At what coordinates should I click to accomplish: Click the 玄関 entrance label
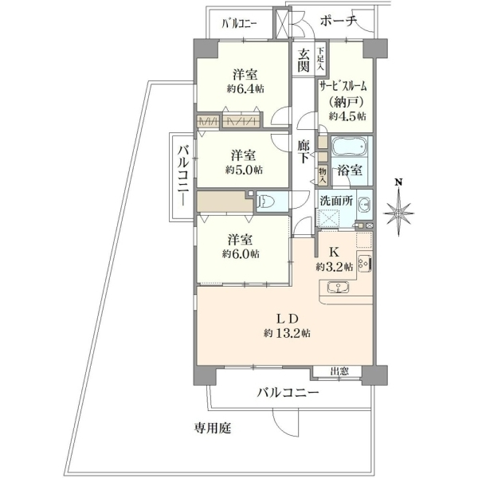[x=303, y=60]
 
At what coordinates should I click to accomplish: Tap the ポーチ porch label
[x=338, y=21]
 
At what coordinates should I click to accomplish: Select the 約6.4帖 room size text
[x=245, y=89]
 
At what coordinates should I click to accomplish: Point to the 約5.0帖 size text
[x=244, y=170]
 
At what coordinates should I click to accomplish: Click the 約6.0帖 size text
[x=241, y=253]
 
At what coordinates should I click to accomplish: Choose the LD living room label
[x=287, y=319]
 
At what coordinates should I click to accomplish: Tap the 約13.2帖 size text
[x=287, y=333]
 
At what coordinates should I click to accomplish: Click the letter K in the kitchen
[x=334, y=253]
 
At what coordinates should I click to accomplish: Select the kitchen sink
[x=338, y=287]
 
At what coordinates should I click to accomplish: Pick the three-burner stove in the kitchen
[x=364, y=263]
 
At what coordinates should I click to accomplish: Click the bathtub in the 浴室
[x=350, y=147]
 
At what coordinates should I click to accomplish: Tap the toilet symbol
[x=266, y=202]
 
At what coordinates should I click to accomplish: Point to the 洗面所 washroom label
[x=336, y=202]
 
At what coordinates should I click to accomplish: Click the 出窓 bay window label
[x=339, y=371]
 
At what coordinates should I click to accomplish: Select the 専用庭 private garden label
[x=213, y=429]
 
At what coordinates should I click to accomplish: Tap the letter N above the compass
[x=398, y=182]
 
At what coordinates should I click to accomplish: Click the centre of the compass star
[x=398, y=213]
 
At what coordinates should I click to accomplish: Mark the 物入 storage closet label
[x=323, y=177]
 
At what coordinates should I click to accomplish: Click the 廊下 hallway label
[x=304, y=151]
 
